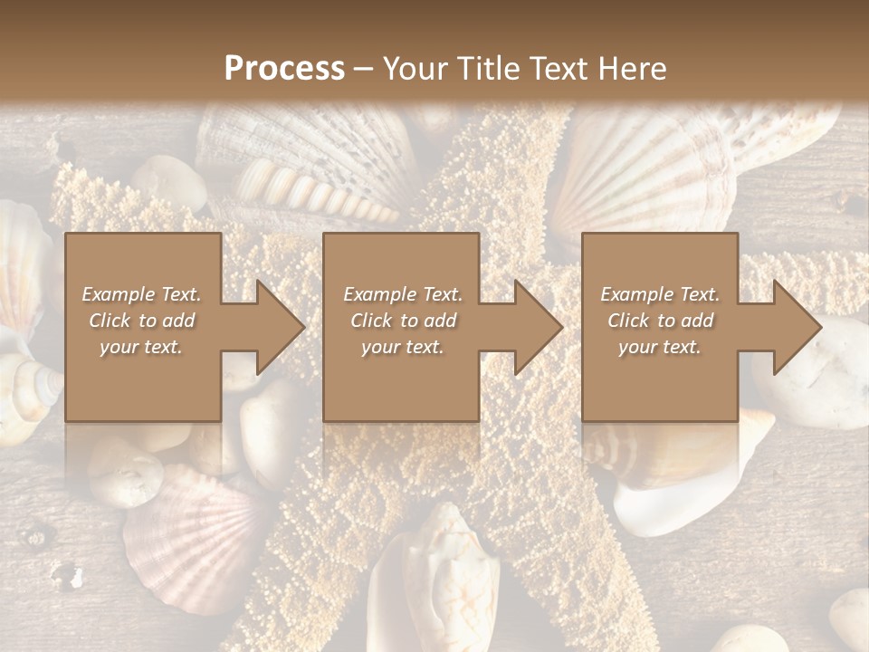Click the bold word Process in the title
point(284,68)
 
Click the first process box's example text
point(141,321)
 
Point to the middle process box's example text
point(402,321)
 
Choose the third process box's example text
point(660,321)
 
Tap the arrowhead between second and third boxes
point(534,327)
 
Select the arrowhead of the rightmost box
point(793,327)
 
